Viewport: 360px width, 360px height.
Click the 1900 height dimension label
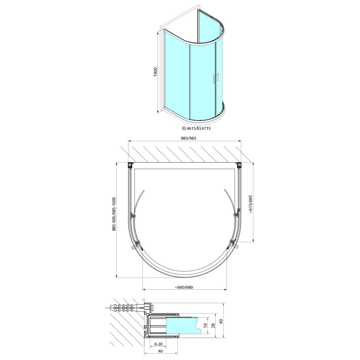(155, 72)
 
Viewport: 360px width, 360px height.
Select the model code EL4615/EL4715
(196, 128)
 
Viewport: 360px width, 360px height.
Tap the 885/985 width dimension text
(188, 138)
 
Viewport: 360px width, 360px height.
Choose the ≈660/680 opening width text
(184, 287)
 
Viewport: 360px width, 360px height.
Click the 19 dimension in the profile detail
(205, 326)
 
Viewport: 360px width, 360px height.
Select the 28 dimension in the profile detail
(213, 326)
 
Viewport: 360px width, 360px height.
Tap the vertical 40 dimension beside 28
(221, 321)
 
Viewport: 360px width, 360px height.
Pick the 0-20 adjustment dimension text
(159, 344)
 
